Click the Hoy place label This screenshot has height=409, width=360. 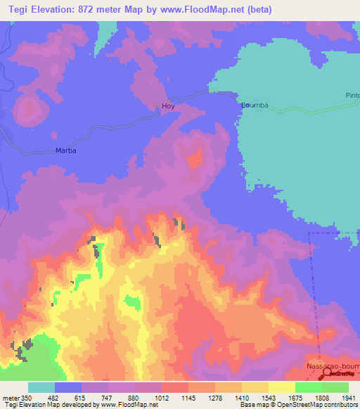point(167,106)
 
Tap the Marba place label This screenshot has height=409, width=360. point(65,150)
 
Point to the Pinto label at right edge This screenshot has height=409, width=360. point(352,95)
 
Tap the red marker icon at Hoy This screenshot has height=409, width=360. point(157,106)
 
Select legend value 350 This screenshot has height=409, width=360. point(27,398)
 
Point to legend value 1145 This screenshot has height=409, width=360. point(188,398)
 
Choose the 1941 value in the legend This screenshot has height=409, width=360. point(349,398)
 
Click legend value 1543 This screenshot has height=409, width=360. point(269,398)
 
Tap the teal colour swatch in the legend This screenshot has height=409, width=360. point(41,387)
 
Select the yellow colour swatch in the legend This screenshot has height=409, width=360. point(282,387)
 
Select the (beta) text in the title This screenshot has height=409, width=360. point(259,10)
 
